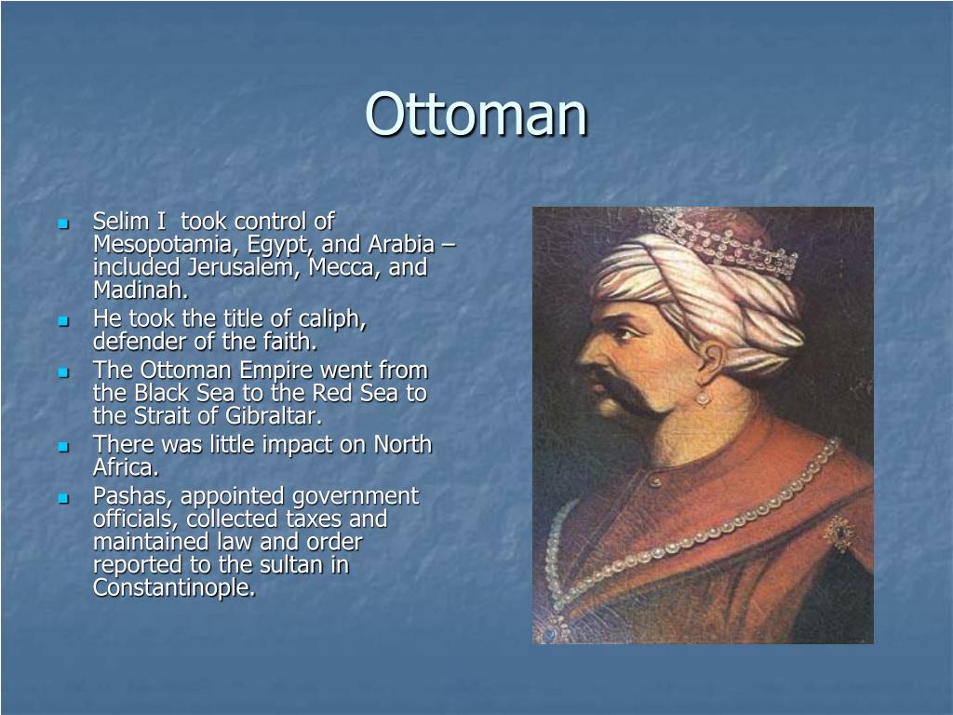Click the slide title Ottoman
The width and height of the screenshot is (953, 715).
(476, 114)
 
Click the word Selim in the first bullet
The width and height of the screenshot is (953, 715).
(117, 222)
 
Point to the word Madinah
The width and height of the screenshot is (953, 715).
(141, 290)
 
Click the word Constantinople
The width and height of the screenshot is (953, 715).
(173, 587)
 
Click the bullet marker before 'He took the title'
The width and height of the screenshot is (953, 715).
(63, 320)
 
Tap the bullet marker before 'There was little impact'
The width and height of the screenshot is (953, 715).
(63, 446)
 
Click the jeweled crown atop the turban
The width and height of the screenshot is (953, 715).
(726, 241)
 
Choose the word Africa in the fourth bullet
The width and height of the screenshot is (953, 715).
(125, 467)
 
